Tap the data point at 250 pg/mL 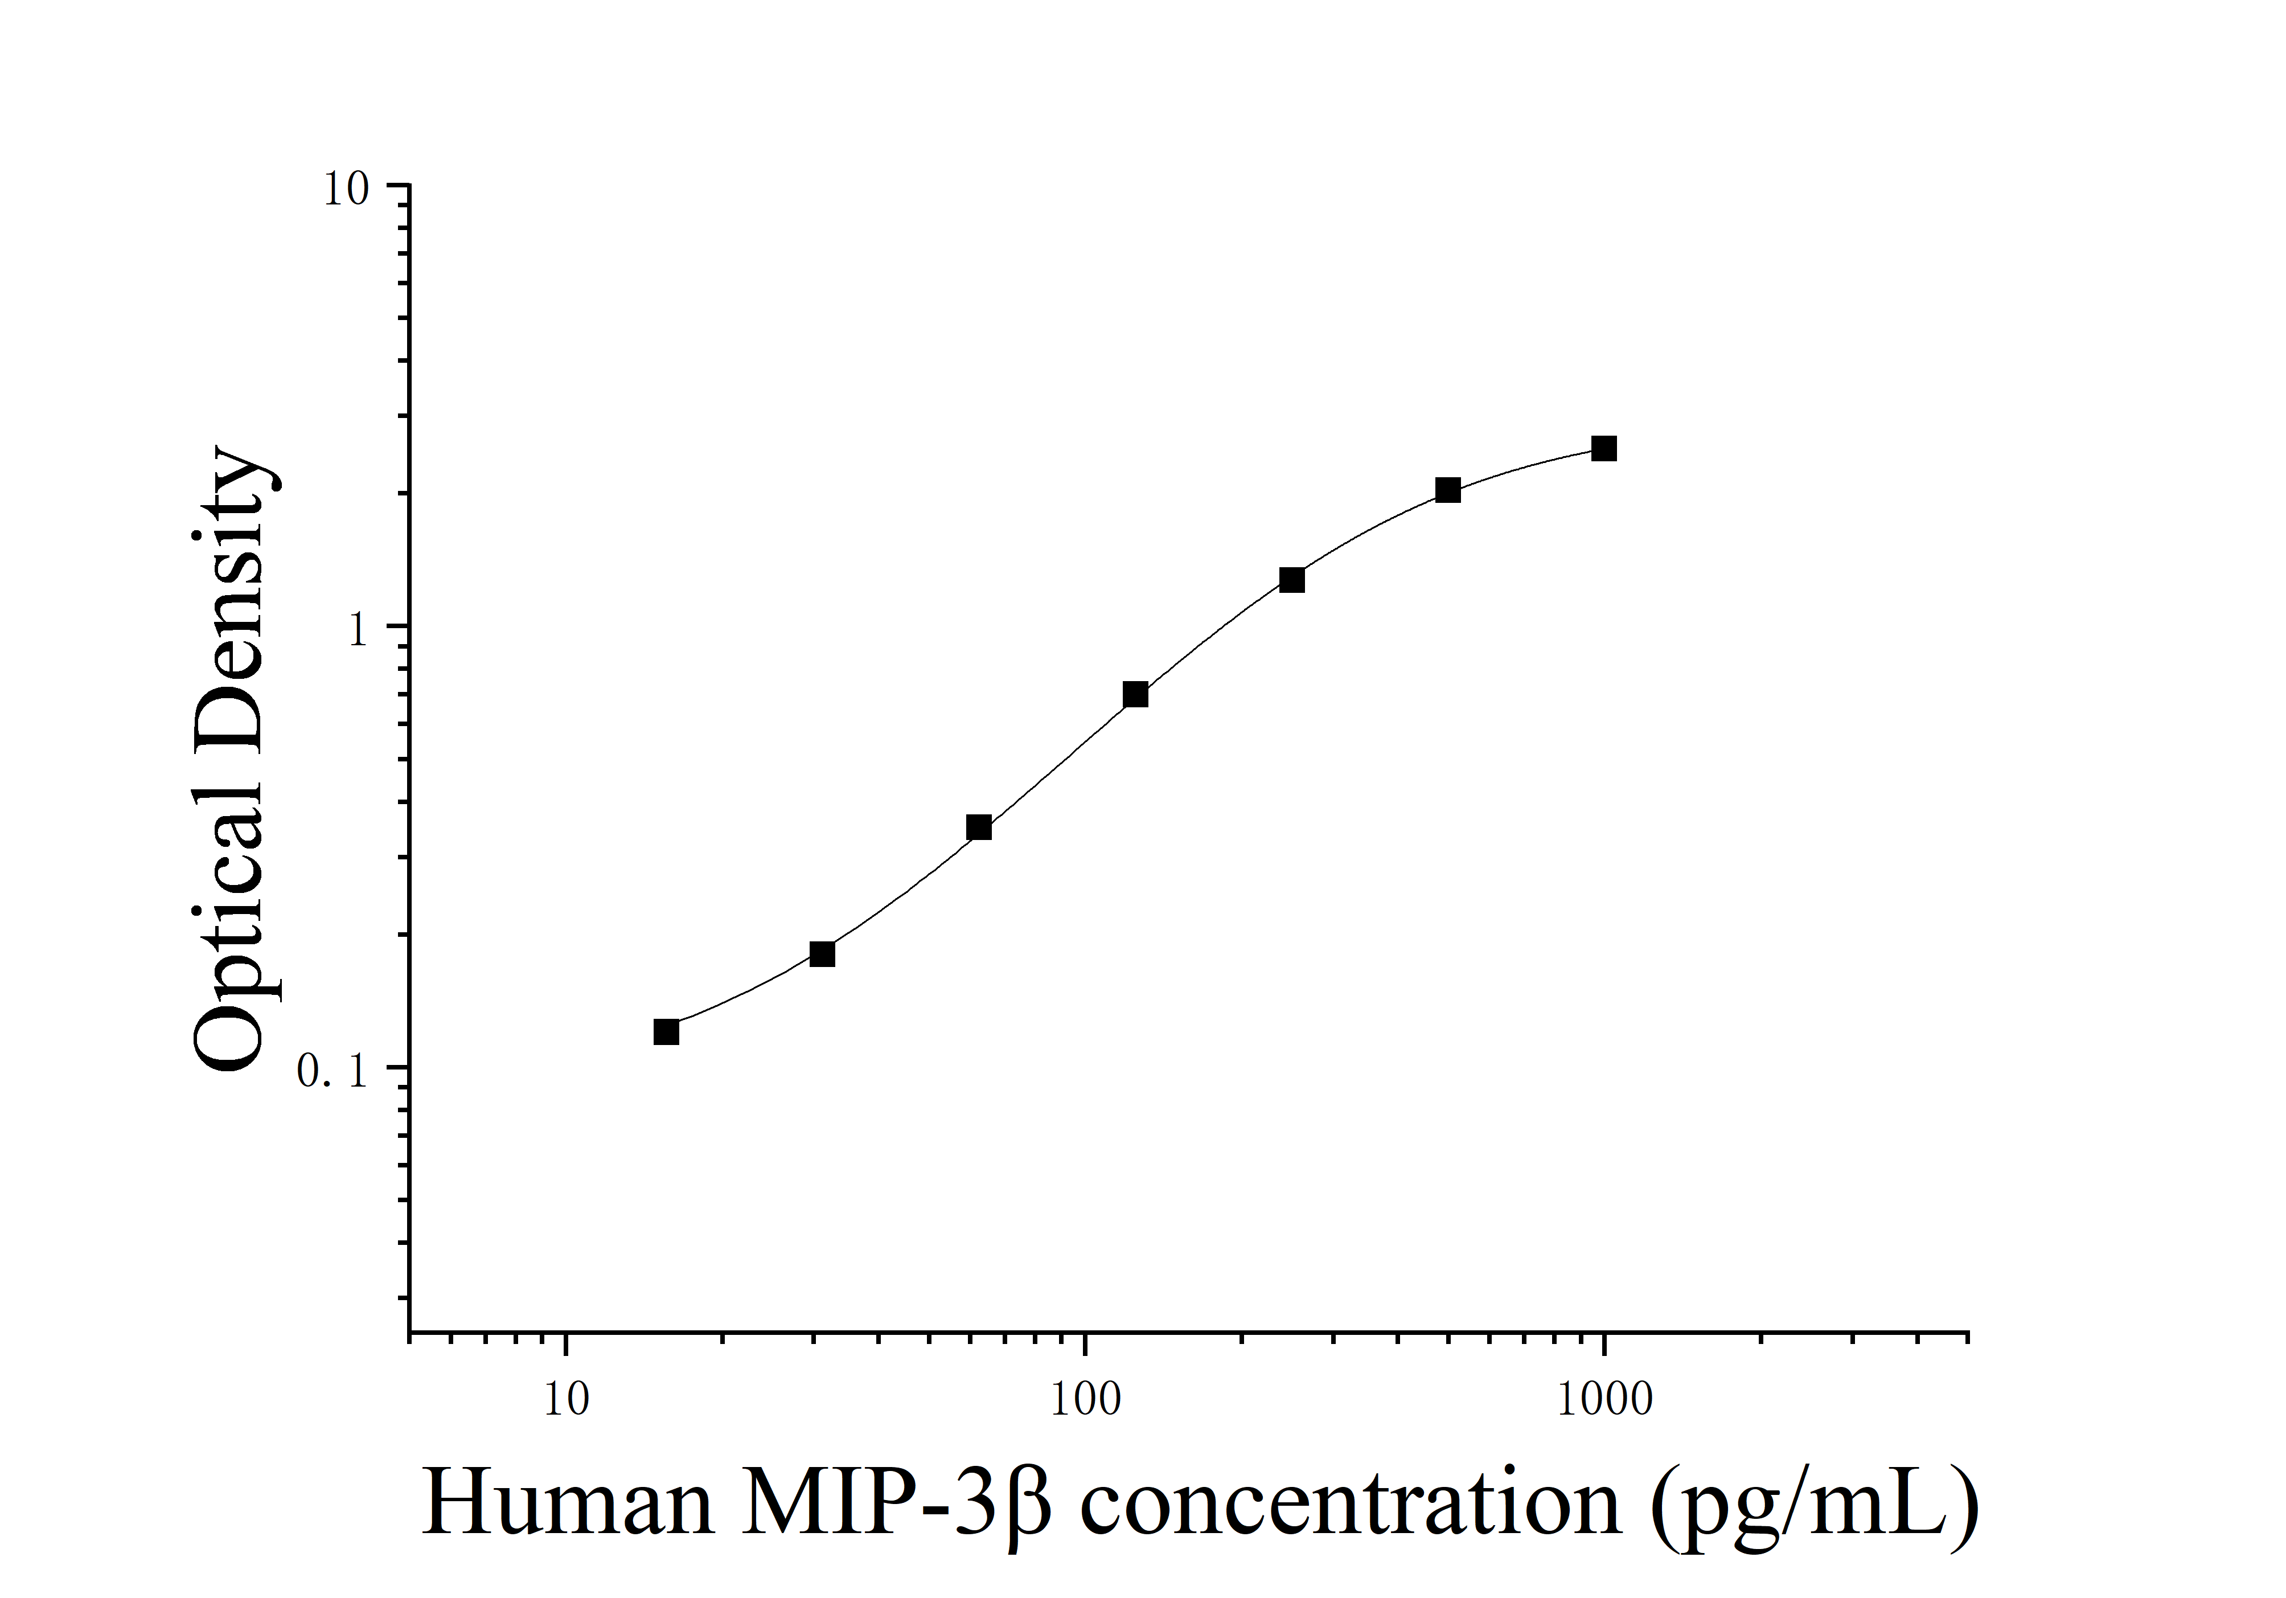1291,580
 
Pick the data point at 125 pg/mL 1135,695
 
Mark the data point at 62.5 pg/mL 979,827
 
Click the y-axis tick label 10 346,189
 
